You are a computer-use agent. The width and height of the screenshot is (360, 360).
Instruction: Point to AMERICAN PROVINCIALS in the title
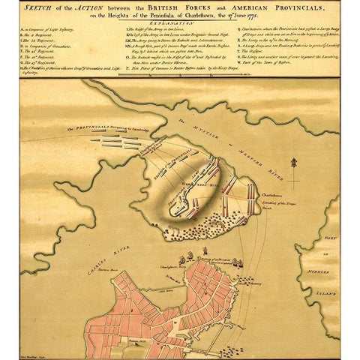click(281, 7)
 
